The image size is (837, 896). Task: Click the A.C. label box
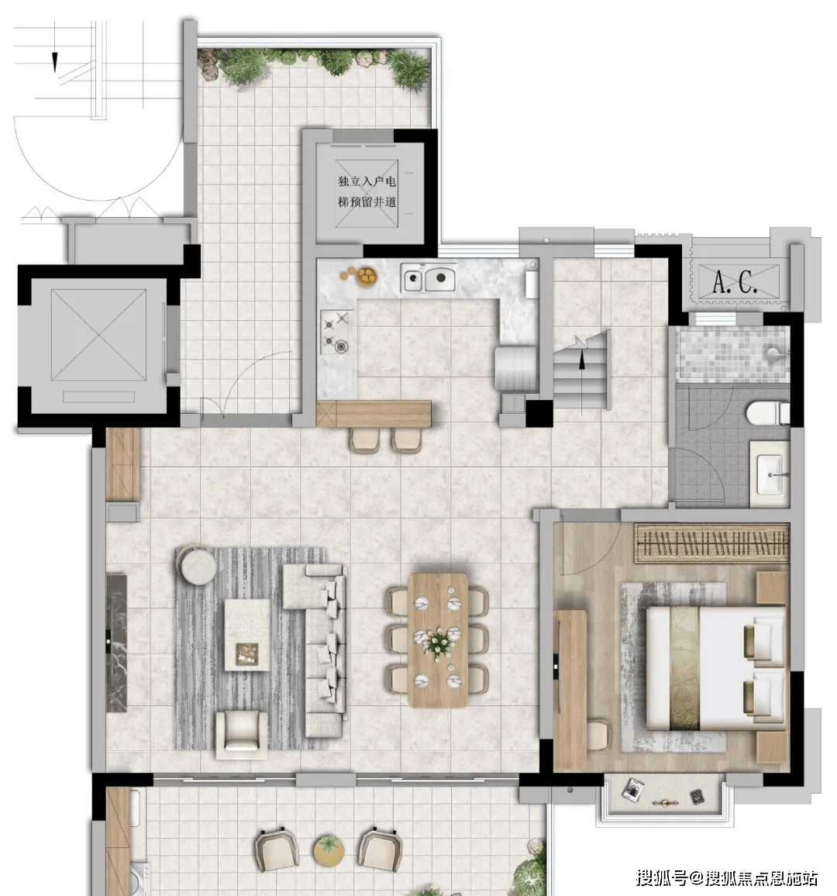pos(738,281)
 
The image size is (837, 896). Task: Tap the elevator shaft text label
pos(367,191)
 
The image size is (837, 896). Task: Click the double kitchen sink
pos(429,278)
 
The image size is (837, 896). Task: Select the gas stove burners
pos(336,332)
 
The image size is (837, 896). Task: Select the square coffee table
pos(247,634)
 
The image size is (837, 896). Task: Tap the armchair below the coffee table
pos(241,734)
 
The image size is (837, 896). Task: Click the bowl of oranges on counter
pos(367,277)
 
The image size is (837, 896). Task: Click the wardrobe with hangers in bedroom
pos(712,543)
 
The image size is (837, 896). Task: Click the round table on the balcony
pos(329,849)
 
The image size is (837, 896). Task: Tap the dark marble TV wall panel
pos(116,643)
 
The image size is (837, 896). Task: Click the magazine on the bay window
pos(633,789)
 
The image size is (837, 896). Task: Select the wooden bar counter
pos(374,414)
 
